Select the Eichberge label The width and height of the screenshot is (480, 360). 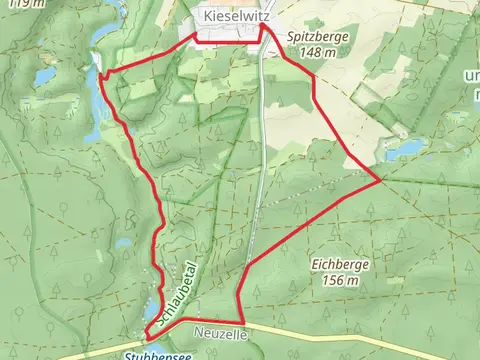coord(336,265)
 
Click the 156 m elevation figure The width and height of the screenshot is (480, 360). coord(336,281)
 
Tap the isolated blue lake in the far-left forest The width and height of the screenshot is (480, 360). coord(44,76)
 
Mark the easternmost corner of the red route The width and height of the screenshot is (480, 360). coord(378,181)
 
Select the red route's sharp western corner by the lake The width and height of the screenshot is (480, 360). coord(100,72)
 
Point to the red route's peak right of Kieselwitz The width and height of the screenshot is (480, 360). coord(264,28)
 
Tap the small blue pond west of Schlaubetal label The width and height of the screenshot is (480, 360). coord(124,243)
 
